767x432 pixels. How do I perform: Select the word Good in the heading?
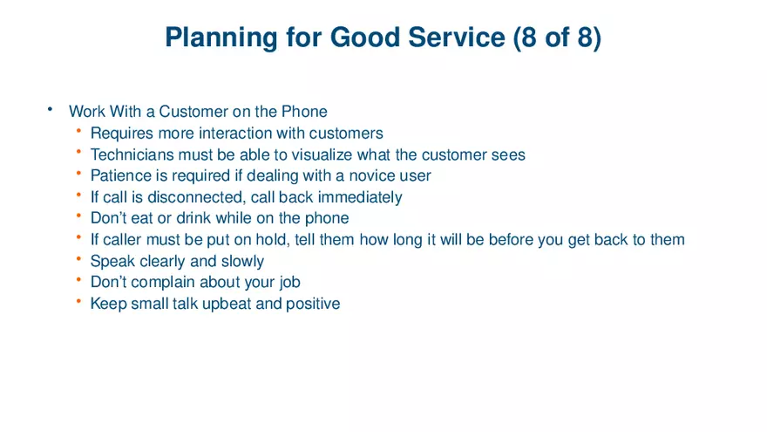[363, 38]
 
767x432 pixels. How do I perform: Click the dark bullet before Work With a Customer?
[51, 109]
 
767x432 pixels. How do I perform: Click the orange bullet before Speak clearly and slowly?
[78, 259]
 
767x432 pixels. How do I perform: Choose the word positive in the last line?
[312, 305]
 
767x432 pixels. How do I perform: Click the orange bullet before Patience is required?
[78, 175]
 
